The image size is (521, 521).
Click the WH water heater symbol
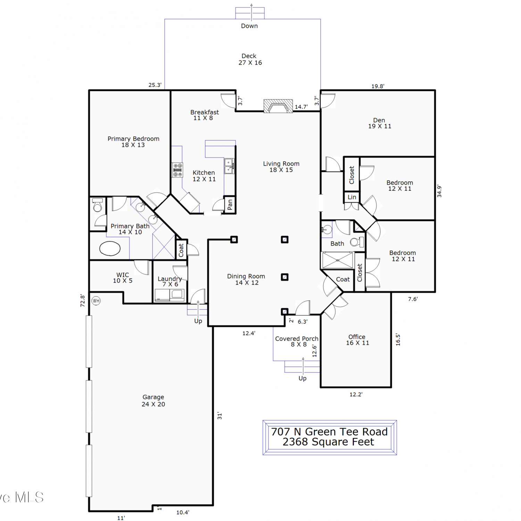96,301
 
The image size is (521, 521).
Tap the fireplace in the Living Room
278,106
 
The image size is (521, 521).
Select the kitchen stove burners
177,170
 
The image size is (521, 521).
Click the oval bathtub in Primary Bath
110,248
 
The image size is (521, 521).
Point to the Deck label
250,59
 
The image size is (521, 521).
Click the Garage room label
153,400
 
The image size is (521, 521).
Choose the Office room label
357,340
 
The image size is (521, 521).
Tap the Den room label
380,123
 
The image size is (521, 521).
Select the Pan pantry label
230,205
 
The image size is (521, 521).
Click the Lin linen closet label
352,197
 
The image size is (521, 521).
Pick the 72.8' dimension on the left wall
82,300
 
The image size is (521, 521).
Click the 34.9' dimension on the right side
439,191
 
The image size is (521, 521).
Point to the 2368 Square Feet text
328,442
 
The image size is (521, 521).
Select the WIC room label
123,278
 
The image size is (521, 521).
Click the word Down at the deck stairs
249,26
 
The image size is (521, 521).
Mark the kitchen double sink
229,166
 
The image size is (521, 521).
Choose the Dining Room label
246,279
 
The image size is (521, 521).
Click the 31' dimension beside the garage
220,416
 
